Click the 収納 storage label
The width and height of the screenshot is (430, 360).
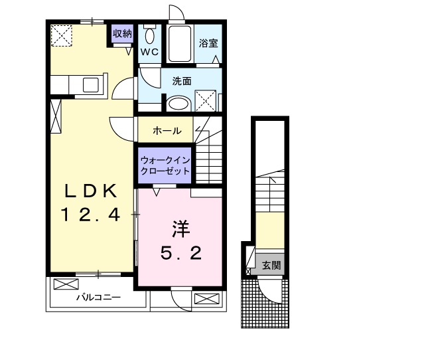pyautogui.click(x=122, y=33)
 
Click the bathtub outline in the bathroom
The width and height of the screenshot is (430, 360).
pyautogui.click(x=179, y=43)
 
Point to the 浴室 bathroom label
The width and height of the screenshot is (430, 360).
pyautogui.click(x=208, y=43)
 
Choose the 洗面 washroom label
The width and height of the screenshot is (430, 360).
pyautogui.click(x=182, y=81)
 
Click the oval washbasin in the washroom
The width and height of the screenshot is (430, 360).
pyautogui.click(x=177, y=104)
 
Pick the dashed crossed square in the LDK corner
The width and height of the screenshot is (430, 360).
pyautogui.click(x=63, y=36)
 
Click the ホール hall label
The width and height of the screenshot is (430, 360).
pyautogui.click(x=167, y=131)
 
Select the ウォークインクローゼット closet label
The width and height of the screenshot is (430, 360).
pyautogui.click(x=165, y=165)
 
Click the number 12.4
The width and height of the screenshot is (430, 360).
pyautogui.click(x=90, y=215)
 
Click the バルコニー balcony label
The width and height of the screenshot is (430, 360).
pyautogui.click(x=97, y=298)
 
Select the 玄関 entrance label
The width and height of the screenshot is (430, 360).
pyautogui.click(x=271, y=266)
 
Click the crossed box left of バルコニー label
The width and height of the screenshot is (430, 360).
pyautogui.click(x=66, y=284)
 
